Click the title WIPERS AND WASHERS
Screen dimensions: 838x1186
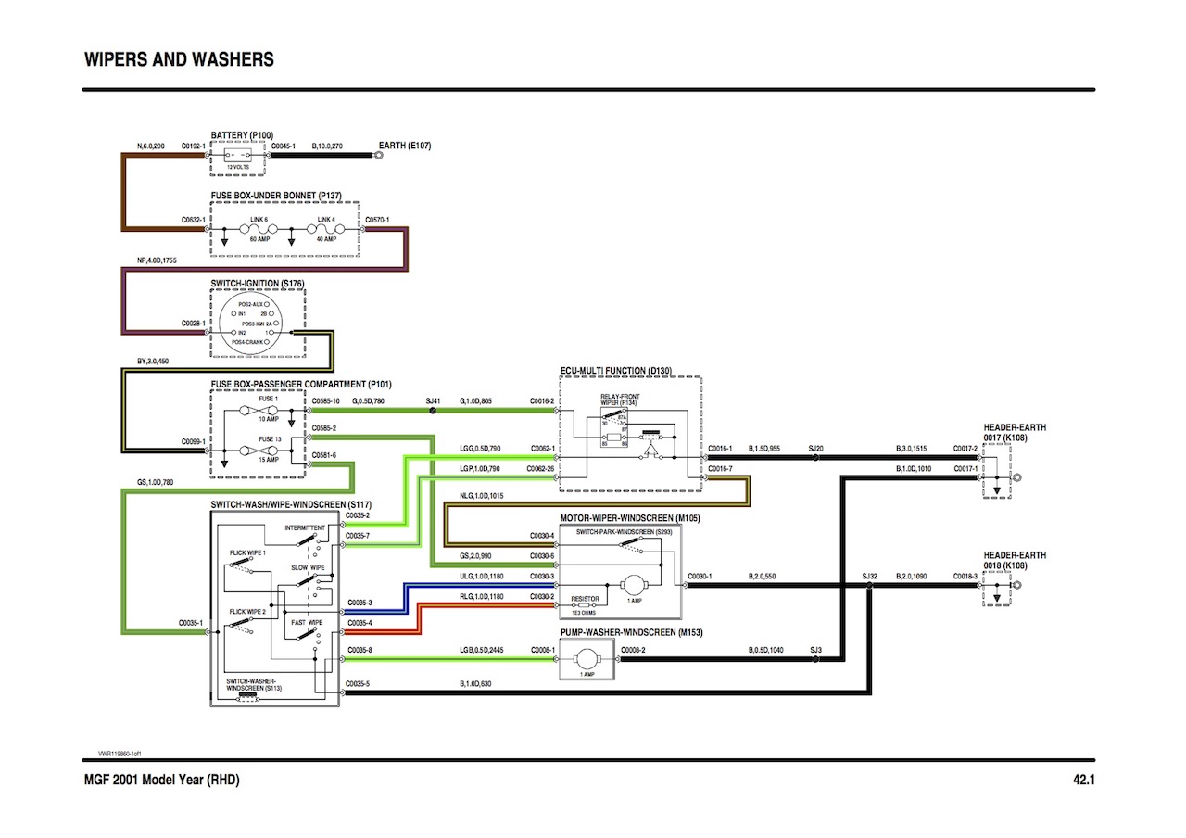(179, 60)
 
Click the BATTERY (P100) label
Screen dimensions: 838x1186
(242, 135)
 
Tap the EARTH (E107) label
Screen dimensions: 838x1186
(405, 146)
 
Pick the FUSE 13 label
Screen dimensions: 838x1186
(268, 438)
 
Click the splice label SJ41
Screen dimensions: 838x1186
(432, 400)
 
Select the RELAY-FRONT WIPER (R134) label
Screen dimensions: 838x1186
(620, 400)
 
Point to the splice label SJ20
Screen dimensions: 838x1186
(815, 448)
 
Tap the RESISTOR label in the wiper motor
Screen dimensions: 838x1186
(585, 599)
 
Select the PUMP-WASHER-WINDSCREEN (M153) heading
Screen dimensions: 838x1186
(632, 631)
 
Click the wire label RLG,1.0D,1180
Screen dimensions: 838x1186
(481, 596)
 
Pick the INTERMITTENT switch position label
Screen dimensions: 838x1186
(305, 527)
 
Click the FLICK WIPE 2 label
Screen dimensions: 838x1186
(247, 612)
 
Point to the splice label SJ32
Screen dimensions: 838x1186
(869, 576)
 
